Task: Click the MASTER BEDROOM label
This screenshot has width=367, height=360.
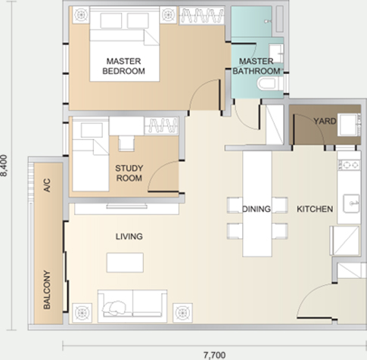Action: (x=123, y=66)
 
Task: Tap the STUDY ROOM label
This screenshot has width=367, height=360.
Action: (x=129, y=173)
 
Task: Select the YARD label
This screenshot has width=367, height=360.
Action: (x=325, y=121)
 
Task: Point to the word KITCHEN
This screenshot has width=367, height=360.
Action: (x=315, y=209)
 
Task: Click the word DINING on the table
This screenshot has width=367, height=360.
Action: (x=257, y=209)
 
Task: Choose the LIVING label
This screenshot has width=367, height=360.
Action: (x=129, y=237)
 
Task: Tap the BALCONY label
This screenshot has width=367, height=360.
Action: (x=47, y=290)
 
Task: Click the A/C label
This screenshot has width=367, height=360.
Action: (x=47, y=185)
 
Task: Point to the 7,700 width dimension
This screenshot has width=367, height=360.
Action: (x=214, y=355)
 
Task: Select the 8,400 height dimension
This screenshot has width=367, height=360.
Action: (x=4, y=166)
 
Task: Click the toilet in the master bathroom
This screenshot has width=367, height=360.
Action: (x=271, y=83)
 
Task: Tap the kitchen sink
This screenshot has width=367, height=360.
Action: (x=351, y=203)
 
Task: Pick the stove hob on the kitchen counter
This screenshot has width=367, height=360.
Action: (x=349, y=165)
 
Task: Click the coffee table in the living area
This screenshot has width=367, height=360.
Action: (x=125, y=262)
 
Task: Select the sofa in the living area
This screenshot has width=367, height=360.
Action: (x=132, y=306)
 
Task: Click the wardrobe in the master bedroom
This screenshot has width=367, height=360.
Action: (x=202, y=15)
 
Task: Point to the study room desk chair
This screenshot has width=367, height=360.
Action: (x=126, y=143)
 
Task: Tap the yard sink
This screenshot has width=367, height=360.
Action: (x=349, y=125)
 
